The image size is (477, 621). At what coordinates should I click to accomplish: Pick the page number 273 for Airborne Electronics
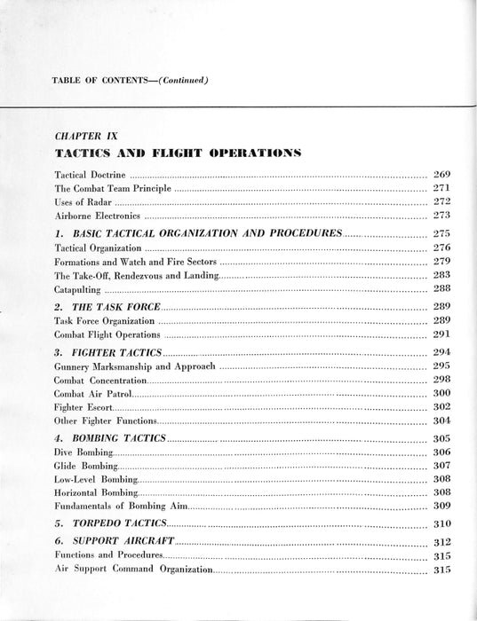pos(441,216)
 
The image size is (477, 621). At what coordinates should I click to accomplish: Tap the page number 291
pos(441,334)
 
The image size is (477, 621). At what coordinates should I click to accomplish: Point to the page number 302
pos(441,406)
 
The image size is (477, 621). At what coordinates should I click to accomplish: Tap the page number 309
pos(441,505)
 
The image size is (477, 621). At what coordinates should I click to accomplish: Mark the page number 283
pos(441,276)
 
